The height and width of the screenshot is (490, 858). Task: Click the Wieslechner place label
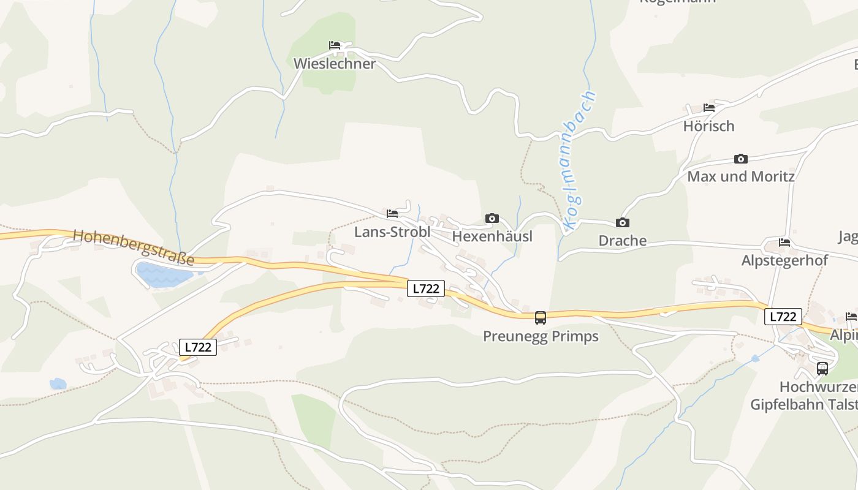coord(334,64)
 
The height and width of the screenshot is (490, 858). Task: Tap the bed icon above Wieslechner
coord(334,45)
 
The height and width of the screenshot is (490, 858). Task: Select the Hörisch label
coord(708,126)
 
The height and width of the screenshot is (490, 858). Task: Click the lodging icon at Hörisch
coord(709,108)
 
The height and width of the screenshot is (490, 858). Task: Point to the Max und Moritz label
coord(741,177)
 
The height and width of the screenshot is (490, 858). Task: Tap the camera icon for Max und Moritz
coord(741,159)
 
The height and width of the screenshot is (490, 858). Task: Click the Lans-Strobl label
coord(392,233)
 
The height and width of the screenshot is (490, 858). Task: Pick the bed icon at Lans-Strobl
coord(392,214)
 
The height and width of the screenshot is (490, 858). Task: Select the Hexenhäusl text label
coord(492,236)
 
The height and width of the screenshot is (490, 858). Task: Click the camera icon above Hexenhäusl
coord(492,219)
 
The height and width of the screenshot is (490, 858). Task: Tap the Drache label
coord(623,241)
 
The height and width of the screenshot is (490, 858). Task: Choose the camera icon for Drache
coord(623,223)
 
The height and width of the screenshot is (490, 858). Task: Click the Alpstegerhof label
coord(784,260)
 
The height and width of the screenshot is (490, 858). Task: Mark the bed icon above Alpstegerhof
coord(784,243)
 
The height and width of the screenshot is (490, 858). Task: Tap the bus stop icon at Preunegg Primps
coord(541,318)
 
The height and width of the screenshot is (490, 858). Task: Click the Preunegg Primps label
coord(541,336)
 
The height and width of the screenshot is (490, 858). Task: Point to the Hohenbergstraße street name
coord(134,247)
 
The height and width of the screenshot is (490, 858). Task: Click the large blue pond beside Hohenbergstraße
coord(163,275)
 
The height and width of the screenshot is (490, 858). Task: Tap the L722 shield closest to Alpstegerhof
coord(783,317)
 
